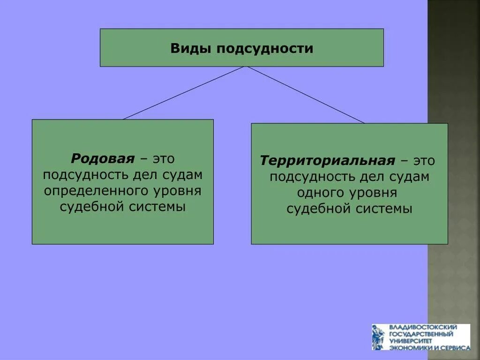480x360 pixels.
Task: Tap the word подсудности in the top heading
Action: (264, 48)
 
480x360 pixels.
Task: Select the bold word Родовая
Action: (103, 158)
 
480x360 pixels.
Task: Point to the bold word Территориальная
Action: (328, 161)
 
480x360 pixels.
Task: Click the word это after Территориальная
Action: (424, 161)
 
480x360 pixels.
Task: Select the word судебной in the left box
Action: (90, 207)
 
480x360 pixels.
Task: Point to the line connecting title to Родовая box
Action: (183, 93)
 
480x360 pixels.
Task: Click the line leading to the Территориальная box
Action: (306, 95)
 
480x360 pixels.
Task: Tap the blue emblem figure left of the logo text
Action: (378, 337)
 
